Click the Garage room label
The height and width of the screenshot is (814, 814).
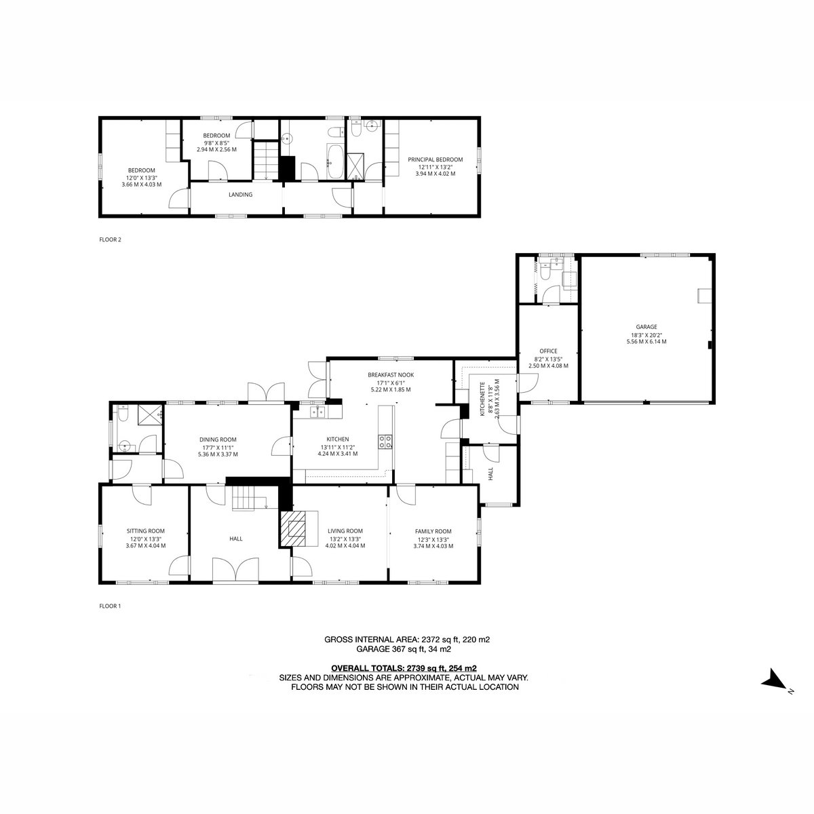(646, 326)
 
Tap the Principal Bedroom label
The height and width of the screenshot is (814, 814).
(435, 159)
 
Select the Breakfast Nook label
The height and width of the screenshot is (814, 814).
(390, 374)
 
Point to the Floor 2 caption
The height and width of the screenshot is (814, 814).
(110, 239)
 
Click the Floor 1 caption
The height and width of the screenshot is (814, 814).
(110, 606)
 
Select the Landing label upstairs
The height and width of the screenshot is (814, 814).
(240, 195)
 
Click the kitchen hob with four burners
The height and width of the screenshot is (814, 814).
(385, 442)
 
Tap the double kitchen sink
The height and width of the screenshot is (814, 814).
(317, 411)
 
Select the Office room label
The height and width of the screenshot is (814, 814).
(548, 351)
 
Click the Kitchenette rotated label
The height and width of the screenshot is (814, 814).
(482, 400)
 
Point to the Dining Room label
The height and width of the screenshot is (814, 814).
(218, 440)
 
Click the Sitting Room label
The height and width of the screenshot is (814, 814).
(145, 531)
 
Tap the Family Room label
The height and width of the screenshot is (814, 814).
(433, 531)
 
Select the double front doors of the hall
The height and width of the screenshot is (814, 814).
(235, 570)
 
